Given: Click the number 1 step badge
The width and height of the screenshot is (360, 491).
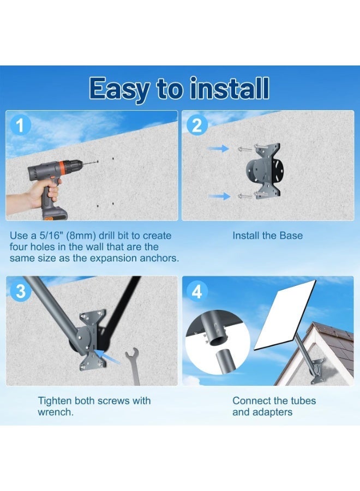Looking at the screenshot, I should coord(21,126).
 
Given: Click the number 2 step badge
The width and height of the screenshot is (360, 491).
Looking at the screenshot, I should coord(196,126).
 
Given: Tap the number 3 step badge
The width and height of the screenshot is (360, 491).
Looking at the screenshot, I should coord(21,291).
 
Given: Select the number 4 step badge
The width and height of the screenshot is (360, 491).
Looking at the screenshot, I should coord(196,291).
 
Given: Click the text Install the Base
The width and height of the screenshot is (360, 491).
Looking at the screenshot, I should coord(267,236).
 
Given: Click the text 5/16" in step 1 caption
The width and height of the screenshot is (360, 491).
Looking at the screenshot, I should coord(59,236).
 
